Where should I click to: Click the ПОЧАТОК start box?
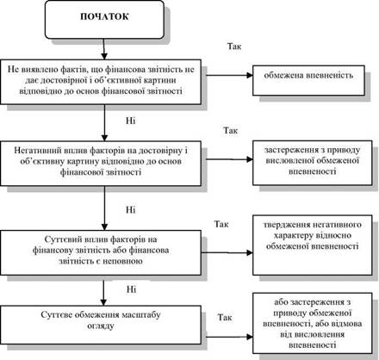tap(104, 20)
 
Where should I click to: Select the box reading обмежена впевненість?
tap(308, 80)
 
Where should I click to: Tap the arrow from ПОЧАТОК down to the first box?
tap(104, 49)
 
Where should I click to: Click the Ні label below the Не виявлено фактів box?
tap(131, 121)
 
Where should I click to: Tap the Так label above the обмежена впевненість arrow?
tap(234, 47)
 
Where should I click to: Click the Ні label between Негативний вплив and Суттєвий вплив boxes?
tap(131, 210)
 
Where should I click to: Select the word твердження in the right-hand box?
tap(284, 225)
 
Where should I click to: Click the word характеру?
tap(293, 236)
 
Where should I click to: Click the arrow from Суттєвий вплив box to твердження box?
tap(227, 252)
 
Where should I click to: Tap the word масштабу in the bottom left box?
tap(141, 315)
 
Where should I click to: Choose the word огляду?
tap(101, 326)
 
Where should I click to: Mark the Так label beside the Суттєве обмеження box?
tap(225, 317)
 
